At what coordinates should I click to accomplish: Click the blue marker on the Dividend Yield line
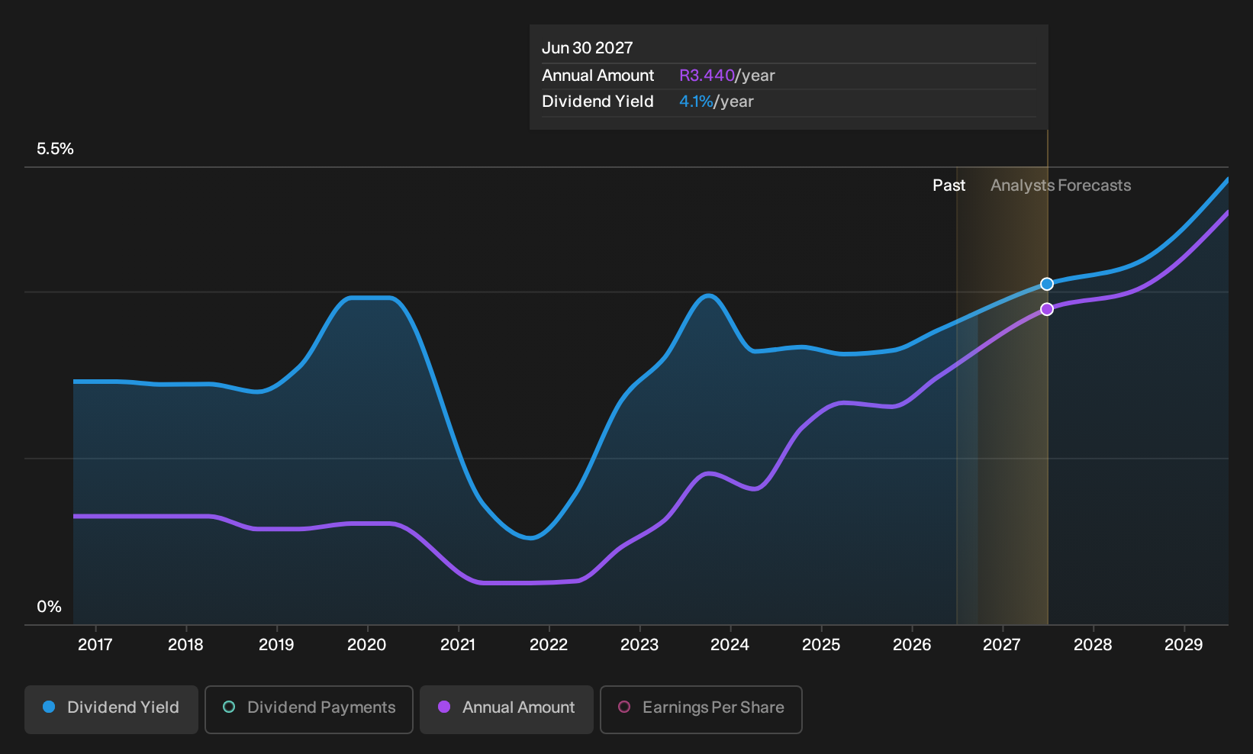point(1047,284)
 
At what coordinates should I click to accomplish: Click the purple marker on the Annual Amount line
point(1047,309)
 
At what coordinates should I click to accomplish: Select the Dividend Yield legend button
point(111,709)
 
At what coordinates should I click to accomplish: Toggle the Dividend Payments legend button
point(309,709)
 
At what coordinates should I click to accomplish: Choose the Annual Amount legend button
point(506,709)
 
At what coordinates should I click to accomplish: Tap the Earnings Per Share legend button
point(701,709)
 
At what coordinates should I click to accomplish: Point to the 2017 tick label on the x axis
point(95,645)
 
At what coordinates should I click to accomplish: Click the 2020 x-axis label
point(367,645)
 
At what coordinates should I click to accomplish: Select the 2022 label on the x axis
point(549,645)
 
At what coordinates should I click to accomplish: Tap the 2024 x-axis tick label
point(730,645)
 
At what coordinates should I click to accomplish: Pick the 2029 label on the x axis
point(1184,645)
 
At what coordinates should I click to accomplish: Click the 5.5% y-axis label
point(55,149)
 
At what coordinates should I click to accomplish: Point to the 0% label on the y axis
point(50,607)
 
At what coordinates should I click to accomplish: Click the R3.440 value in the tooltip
point(707,76)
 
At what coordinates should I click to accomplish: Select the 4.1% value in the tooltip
point(696,101)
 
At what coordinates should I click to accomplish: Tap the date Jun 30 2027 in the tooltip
point(588,48)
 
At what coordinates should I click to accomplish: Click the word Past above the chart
point(949,185)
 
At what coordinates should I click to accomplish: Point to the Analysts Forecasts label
point(1061,185)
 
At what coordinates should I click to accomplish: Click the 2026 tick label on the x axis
point(912,645)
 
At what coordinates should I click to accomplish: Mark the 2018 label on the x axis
point(185,645)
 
